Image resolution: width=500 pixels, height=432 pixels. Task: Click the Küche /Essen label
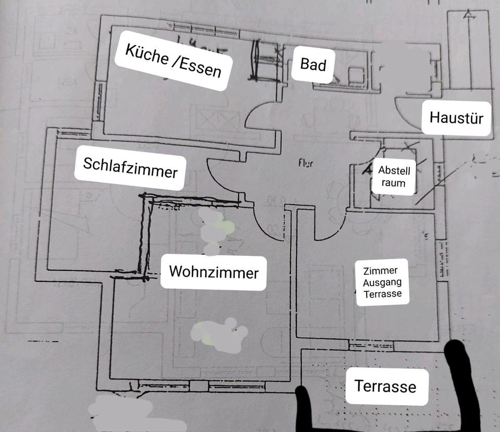[x=173, y=61]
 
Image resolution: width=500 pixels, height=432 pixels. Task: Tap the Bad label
[x=313, y=64]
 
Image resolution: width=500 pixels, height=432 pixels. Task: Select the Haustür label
[x=456, y=118]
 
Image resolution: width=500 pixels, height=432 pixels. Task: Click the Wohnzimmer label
[x=214, y=272]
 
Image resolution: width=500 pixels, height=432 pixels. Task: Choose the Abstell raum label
[x=394, y=177]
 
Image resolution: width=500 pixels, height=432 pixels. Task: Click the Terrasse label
[x=385, y=386]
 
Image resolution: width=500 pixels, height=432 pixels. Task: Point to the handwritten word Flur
[x=306, y=163]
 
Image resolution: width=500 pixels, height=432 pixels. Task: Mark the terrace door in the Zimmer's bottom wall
[x=364, y=345]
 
